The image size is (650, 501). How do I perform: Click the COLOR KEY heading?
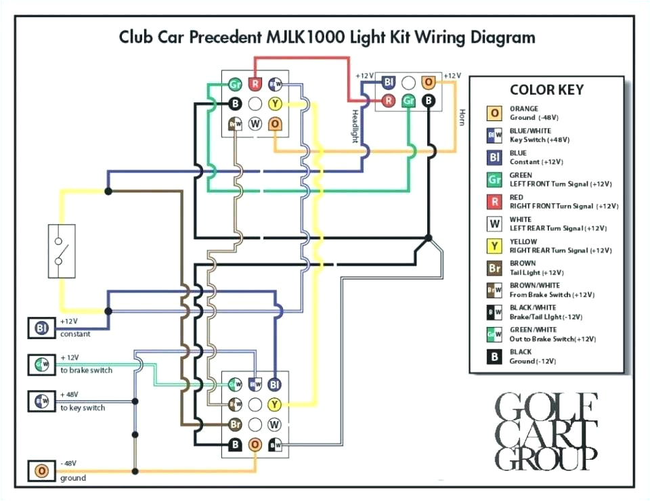pyautogui.click(x=546, y=90)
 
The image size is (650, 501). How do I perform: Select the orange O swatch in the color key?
pyautogui.click(x=495, y=113)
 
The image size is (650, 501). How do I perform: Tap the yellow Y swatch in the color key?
pyautogui.click(x=495, y=246)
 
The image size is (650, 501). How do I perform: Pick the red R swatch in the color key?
pyautogui.click(x=495, y=201)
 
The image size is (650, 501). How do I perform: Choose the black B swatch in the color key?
pyautogui.click(x=495, y=356)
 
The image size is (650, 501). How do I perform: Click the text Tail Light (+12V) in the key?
pyautogui.click(x=539, y=272)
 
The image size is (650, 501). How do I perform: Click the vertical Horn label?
pyautogui.click(x=462, y=117)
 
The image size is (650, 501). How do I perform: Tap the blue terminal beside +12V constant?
pyautogui.click(x=41, y=329)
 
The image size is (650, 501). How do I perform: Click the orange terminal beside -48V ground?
pyautogui.click(x=41, y=471)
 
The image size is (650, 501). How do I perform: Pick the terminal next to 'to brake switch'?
pyautogui.click(x=41, y=366)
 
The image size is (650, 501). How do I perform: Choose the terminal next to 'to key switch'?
pyautogui.click(x=41, y=402)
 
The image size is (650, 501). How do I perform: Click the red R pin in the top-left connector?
pyautogui.click(x=255, y=85)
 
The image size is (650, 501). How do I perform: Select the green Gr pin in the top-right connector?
pyautogui.click(x=408, y=101)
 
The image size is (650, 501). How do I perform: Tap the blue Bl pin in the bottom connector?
pyautogui.click(x=274, y=385)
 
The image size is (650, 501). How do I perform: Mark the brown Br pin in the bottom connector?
pyautogui.click(x=236, y=424)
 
